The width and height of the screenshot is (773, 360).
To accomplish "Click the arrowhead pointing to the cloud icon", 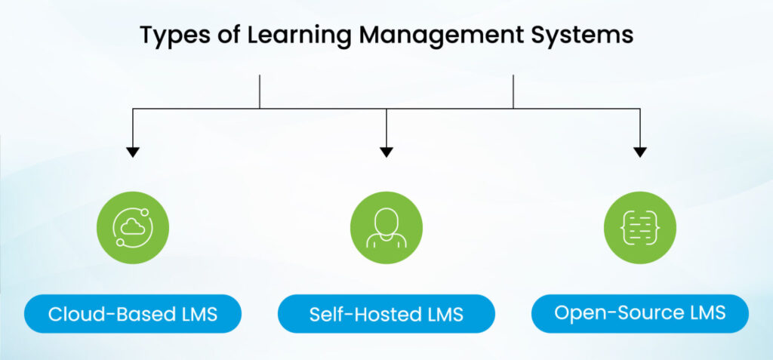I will click(x=133, y=152).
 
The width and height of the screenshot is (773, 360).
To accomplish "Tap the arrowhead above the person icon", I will click(x=386, y=152).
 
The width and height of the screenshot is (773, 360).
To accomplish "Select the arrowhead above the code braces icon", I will click(x=640, y=152).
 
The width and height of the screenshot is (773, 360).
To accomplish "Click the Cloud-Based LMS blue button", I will click(x=133, y=314).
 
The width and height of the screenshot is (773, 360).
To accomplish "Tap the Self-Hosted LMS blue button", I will click(x=386, y=314).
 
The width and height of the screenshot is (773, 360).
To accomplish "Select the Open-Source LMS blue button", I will click(x=640, y=313).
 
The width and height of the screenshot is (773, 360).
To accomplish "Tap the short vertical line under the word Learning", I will click(x=260, y=91).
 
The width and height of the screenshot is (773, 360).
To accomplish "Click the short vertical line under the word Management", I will click(x=513, y=91).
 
